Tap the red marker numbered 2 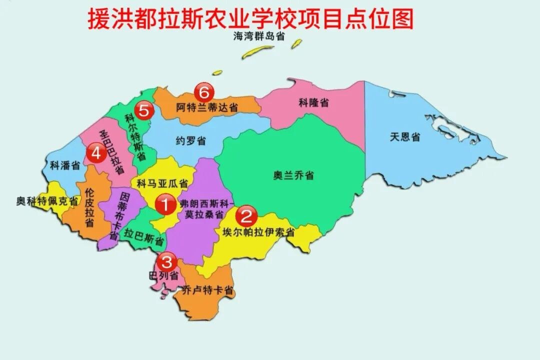pos(246,216)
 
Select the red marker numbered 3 pos(166,261)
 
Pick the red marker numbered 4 pos(96,153)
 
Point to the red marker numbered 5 pos(144,110)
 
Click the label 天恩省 pos(405,137)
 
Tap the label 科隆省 pos(314,103)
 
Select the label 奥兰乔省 pos(293,175)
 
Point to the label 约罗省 pos(190,141)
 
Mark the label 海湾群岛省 pos(259,36)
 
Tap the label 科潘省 pos(65,165)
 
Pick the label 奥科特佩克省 pos(47,201)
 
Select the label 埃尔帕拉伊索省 pos(258,233)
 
